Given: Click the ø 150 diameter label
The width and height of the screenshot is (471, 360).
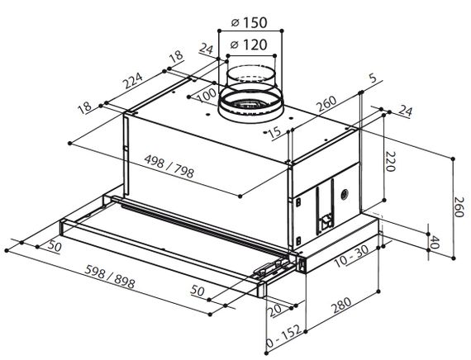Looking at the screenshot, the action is pos(250,22).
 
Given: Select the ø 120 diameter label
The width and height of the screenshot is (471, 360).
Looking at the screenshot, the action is pos(249,45).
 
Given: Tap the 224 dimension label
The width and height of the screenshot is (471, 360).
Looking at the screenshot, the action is pos(133,80).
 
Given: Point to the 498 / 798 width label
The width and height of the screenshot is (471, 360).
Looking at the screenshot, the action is pos(169,166).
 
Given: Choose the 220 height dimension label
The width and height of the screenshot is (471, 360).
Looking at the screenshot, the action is pos(390,162).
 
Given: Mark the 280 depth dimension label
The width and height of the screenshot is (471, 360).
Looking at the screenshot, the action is pos(341,306).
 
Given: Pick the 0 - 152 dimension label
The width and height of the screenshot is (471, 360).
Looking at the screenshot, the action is pos(283,335).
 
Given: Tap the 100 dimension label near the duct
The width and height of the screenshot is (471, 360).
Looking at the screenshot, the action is pos(207,96).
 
